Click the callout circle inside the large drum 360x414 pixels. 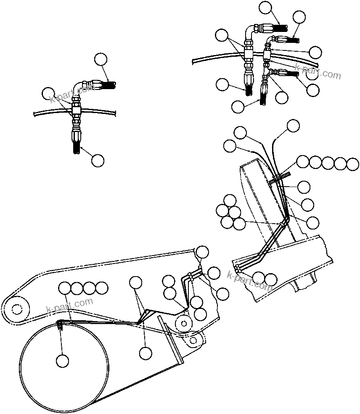(62, 360)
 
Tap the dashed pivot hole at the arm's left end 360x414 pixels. (16, 309)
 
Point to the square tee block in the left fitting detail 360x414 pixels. (76, 111)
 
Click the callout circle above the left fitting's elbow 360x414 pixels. (101, 59)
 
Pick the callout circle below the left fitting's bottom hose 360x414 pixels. (97, 160)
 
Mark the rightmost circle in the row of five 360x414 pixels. (353, 163)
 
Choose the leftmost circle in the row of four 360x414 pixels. (65, 288)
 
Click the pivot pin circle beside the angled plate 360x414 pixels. (183, 323)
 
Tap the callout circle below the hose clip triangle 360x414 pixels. (145, 353)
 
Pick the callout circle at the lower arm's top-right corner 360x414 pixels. (203, 252)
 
